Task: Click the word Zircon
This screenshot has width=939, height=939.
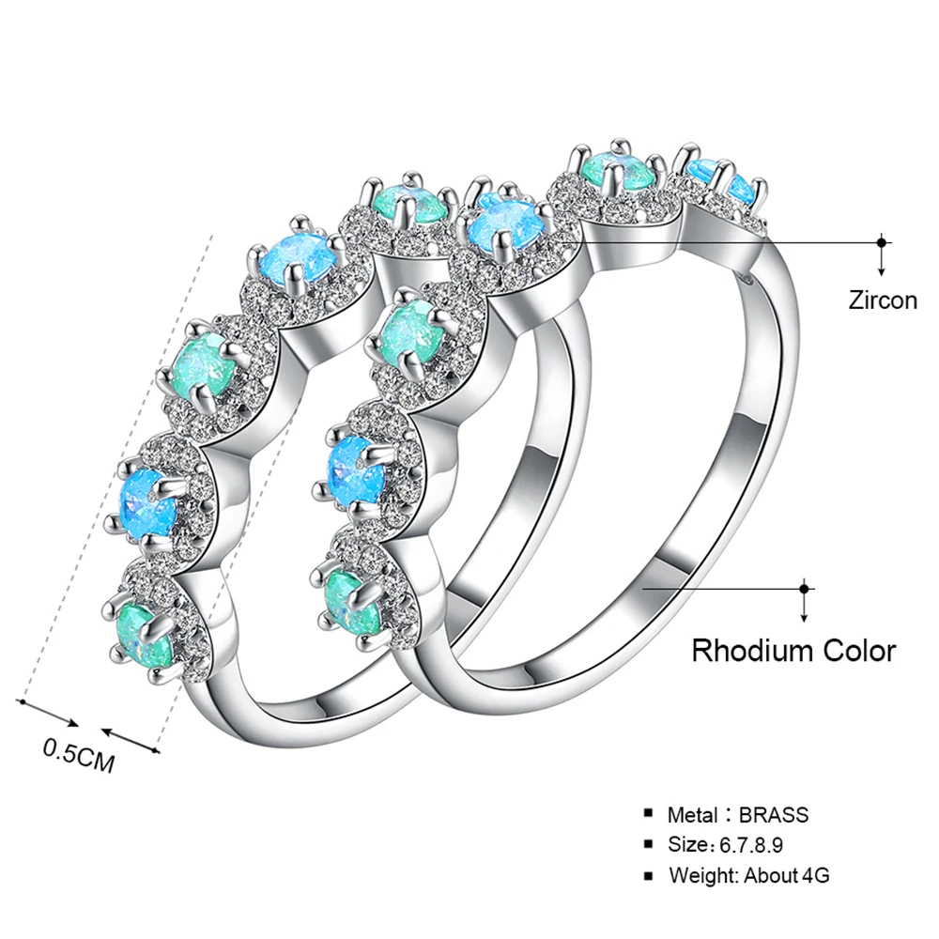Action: (x=882, y=300)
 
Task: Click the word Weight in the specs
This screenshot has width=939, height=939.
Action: (x=704, y=876)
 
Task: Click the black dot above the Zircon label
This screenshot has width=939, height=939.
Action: (x=881, y=241)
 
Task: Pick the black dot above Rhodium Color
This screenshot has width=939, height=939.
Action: (x=804, y=589)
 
